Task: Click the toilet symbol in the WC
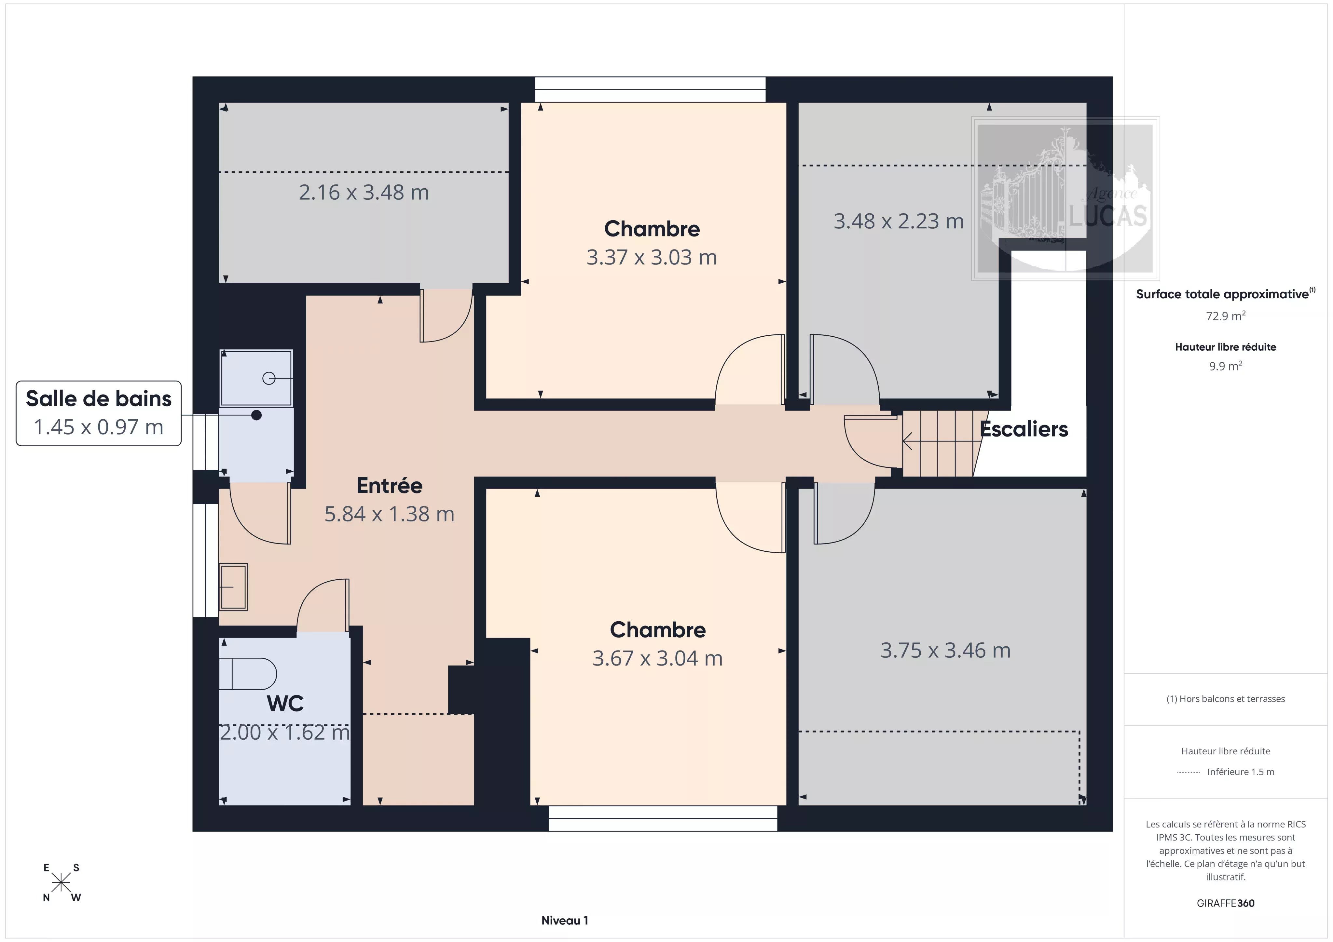pos(247,674)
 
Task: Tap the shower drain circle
pos(269,378)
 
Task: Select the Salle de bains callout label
pos(99,413)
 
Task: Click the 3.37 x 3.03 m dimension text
pos(652,257)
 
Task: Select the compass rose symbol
pos(61,883)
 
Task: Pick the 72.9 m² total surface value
pos(1226,316)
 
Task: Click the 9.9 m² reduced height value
pos(1226,366)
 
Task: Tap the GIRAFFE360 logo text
pos(1226,903)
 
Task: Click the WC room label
pos(285,704)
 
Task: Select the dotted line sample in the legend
pos(1189,772)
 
